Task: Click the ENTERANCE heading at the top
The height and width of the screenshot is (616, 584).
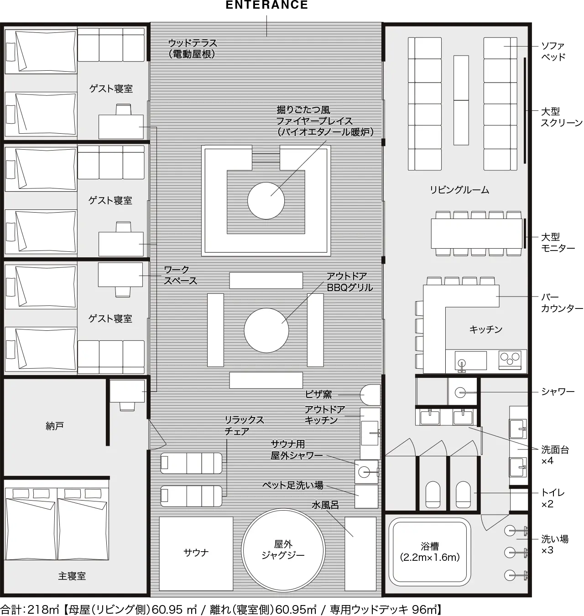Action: tap(266, 5)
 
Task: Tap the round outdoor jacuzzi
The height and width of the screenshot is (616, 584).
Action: tap(283, 550)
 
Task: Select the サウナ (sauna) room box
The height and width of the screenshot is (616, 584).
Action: tap(196, 553)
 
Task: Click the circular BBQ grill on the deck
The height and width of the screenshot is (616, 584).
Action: tap(266, 330)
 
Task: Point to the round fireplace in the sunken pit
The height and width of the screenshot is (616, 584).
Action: tap(266, 200)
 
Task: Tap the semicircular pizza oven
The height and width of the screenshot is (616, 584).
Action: tap(370, 395)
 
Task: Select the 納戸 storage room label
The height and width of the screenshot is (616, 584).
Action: tap(54, 426)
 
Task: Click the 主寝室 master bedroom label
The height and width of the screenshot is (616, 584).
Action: tap(72, 576)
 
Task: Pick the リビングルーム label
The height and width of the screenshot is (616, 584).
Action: tap(459, 189)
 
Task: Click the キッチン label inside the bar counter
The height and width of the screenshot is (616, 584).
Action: tap(485, 329)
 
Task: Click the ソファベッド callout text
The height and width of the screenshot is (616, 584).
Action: tap(553, 52)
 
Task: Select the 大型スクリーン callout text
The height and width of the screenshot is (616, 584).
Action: tap(562, 117)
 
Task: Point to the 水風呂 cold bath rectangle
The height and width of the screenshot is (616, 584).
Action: tap(360, 553)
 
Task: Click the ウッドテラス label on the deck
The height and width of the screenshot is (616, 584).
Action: tap(193, 43)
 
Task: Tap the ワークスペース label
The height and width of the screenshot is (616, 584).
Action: tap(181, 275)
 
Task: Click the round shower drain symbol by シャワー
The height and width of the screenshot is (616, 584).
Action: tap(460, 392)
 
